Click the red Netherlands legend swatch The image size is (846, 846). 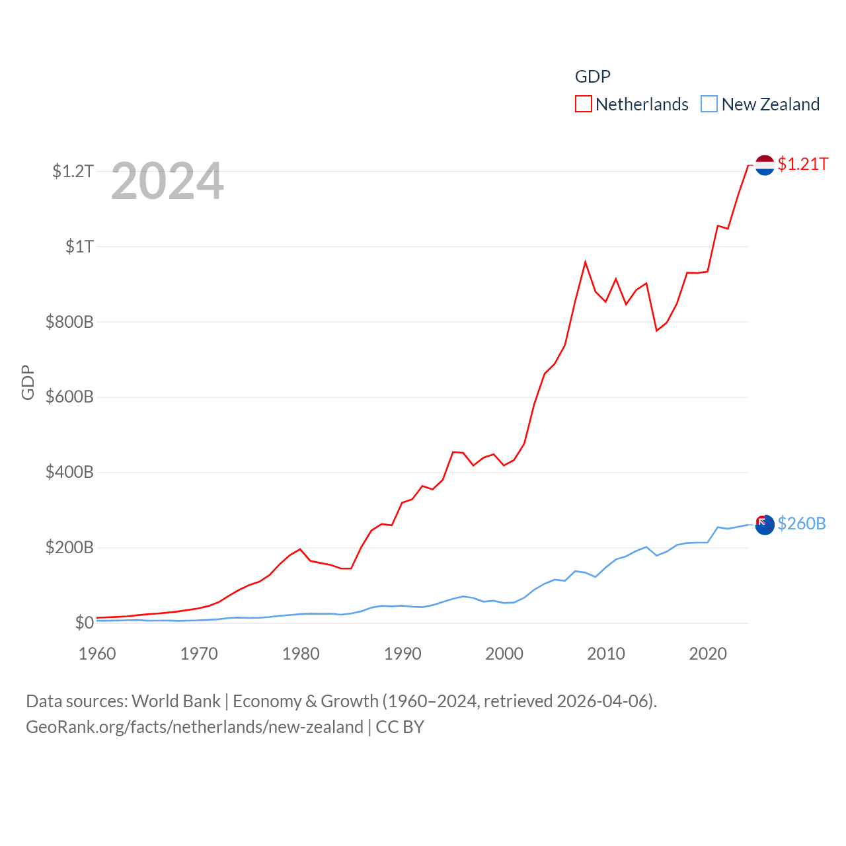pos(583,104)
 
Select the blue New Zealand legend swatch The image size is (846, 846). pos(709,104)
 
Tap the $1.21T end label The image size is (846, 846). pos(802,164)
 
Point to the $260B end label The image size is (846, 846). pos(801,523)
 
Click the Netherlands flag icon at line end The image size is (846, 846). pos(765,165)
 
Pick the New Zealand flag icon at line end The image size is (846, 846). pos(765,525)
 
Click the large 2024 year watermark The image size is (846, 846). pos(167,181)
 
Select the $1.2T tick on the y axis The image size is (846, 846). pos(73,171)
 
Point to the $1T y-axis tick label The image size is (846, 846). pos(79,247)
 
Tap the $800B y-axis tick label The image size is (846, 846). pos(69,322)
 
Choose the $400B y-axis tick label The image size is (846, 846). pos(69,472)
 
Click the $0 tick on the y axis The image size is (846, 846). pos(84,623)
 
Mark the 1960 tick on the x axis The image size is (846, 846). pos(97,654)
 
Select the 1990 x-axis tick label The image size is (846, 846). pos(403,654)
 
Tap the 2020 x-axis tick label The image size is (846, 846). pos(708,654)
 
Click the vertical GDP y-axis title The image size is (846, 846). pos(28,382)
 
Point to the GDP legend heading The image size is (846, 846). pos(592,77)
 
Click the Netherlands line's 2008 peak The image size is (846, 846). pos(585,262)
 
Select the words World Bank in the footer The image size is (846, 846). pos(176,701)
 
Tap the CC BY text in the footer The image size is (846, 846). pos(400,727)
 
